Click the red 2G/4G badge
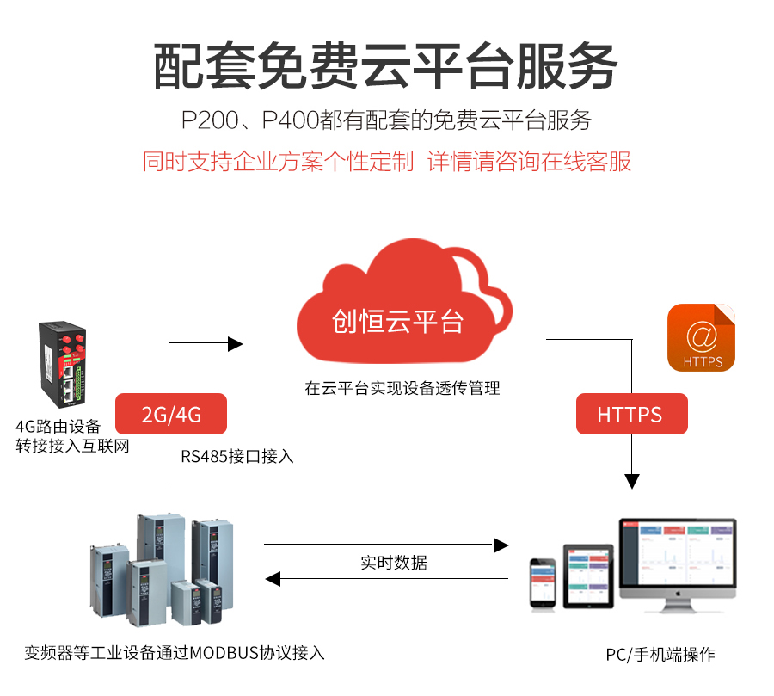(x=171, y=415)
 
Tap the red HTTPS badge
(x=630, y=415)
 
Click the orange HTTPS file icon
(x=701, y=337)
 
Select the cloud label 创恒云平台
(x=397, y=322)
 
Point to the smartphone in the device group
(x=543, y=582)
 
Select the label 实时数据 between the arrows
(x=394, y=564)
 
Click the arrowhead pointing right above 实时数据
(x=501, y=545)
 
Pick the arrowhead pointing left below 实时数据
(x=273, y=580)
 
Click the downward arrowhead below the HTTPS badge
(x=633, y=480)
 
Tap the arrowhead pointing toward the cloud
(x=235, y=344)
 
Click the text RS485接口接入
(x=237, y=456)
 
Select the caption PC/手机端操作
(x=660, y=655)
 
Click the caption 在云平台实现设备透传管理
(x=402, y=388)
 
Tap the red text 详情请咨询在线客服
(x=529, y=162)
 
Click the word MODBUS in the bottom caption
(x=225, y=652)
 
